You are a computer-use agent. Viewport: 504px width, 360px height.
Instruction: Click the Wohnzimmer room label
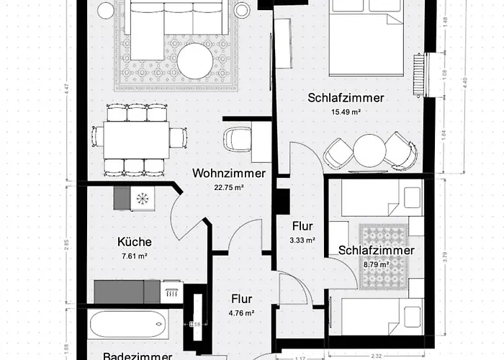[229, 174]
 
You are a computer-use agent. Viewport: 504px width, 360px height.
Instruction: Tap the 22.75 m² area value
[229, 187]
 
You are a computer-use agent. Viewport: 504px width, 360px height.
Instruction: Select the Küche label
[133, 242]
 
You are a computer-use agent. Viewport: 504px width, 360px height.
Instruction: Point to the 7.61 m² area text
[133, 256]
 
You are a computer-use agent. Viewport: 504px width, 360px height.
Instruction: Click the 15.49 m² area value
[346, 112]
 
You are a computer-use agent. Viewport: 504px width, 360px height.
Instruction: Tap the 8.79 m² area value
[376, 264]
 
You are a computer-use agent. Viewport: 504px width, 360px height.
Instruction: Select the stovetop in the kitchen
[142, 198]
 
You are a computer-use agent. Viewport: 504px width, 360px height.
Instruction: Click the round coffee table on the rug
[196, 61]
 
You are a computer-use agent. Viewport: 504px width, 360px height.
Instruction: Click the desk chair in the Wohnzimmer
[235, 138]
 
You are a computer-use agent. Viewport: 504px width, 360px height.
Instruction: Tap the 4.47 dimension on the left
[66, 91]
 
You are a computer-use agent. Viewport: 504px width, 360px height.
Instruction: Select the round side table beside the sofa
[106, 10]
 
